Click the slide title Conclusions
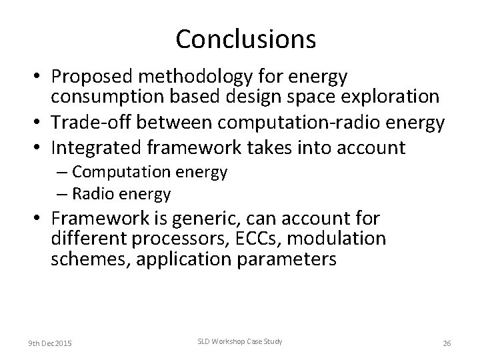click(245, 39)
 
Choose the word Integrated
click(93, 147)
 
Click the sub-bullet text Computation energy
click(150, 172)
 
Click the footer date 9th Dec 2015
click(50, 343)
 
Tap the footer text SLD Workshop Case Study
click(239, 342)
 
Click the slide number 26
click(447, 343)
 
